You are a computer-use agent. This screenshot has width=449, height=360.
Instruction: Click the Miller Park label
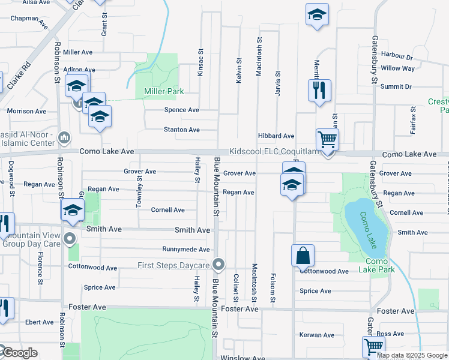163,91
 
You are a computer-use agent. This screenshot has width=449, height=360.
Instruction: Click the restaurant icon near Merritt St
319,90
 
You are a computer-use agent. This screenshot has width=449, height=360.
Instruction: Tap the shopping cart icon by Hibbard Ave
327,140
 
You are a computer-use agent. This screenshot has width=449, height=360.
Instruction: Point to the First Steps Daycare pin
219,265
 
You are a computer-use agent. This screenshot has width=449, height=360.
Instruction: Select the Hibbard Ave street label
276,136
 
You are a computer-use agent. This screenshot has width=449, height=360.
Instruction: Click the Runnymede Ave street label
186,249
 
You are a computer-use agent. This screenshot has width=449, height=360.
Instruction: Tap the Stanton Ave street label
182,130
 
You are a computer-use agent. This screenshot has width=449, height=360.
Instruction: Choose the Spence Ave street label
182,110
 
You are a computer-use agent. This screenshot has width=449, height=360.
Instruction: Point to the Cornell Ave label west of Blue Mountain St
168,210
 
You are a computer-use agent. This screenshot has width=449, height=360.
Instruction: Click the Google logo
19,353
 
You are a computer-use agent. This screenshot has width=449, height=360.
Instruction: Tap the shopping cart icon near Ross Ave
373,346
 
